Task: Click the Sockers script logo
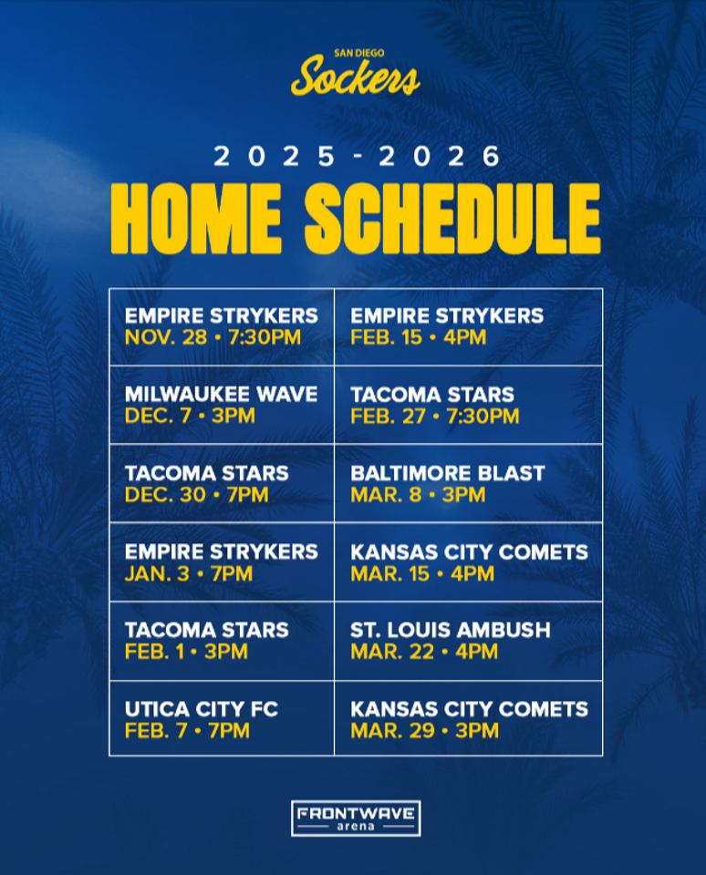point(356,77)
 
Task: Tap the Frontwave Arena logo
point(356,818)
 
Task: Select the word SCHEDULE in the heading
point(452,220)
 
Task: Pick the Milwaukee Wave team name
point(222,395)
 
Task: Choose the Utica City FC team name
point(202,709)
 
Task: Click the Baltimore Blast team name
point(447,473)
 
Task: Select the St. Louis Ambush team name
point(451,630)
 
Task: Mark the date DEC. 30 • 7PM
point(197,496)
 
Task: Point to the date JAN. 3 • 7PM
point(189,574)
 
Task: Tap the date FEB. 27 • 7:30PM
point(434,417)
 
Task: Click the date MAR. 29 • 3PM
point(424,731)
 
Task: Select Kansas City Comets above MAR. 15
point(469,551)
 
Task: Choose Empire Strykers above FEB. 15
point(447,316)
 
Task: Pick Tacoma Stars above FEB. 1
point(206,630)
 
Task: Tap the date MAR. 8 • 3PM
point(418,496)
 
